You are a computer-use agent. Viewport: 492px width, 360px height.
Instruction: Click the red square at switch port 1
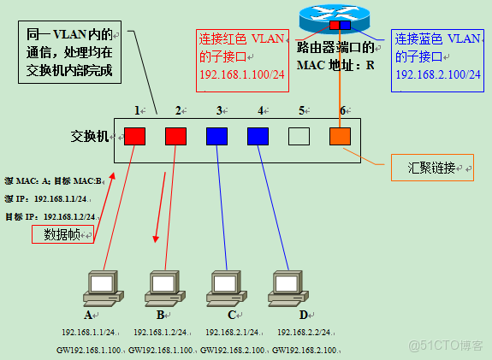click(x=134, y=136)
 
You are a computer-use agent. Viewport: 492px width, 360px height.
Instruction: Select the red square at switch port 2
click(x=175, y=136)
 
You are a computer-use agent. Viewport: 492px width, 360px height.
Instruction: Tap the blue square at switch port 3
click(x=216, y=136)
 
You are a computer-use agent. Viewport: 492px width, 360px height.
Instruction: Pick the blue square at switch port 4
click(x=258, y=136)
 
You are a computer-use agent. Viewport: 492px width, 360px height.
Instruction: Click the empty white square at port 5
click(x=298, y=136)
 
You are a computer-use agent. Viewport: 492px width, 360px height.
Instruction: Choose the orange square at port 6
click(x=340, y=136)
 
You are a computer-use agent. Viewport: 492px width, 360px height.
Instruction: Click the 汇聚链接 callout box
click(x=431, y=167)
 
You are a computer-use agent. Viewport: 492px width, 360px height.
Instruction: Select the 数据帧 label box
click(x=62, y=234)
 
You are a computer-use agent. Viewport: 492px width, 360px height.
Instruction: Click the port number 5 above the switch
click(x=301, y=110)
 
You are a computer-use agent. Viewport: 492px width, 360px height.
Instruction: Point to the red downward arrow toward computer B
click(x=159, y=205)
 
